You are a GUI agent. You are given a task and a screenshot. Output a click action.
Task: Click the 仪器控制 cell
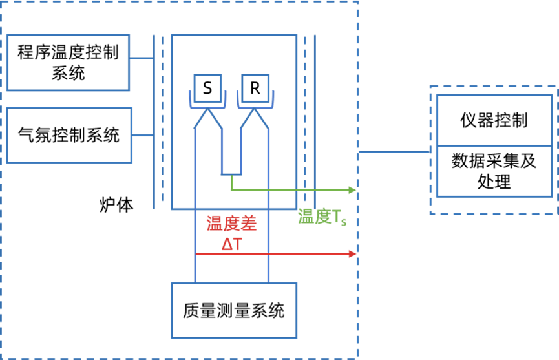tap(494, 120)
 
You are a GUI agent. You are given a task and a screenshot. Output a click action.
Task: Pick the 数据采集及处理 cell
tap(494, 171)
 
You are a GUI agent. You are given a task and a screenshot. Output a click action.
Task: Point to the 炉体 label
tap(116, 205)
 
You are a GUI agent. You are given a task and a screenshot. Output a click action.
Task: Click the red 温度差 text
tap(232, 224)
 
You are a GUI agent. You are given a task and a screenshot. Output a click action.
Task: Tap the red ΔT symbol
tap(232, 244)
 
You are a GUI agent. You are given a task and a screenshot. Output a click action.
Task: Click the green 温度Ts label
tap(322, 217)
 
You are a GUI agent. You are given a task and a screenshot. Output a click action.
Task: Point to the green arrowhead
tap(352, 190)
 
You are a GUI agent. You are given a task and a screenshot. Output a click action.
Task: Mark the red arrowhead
tap(352, 254)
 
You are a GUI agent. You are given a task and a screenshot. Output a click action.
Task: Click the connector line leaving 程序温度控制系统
tap(142, 58)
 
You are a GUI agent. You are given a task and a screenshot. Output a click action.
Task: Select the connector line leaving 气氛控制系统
tap(143, 135)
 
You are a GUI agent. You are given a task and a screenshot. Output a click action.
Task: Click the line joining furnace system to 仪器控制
tap(394, 152)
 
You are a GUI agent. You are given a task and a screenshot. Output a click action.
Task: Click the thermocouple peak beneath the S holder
tap(207, 109)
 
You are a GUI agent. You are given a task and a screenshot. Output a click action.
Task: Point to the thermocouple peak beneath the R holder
tap(255, 109)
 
